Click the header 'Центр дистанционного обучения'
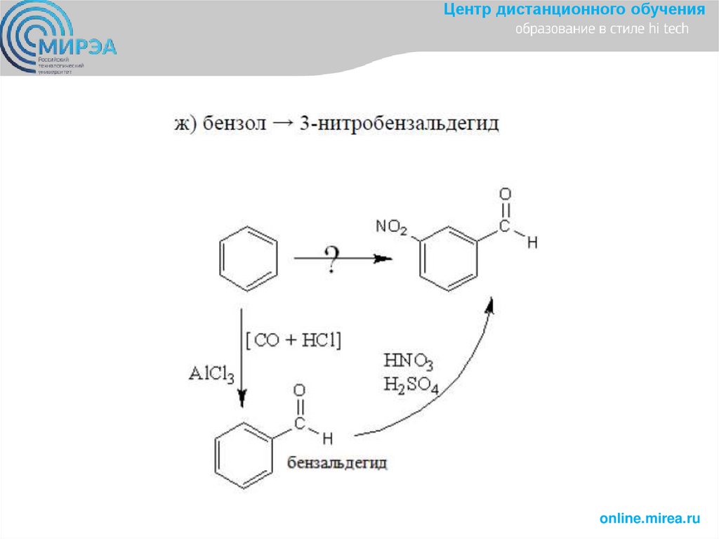pos(574,10)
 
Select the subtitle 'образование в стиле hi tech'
pos(602,30)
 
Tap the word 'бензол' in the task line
pos(235,124)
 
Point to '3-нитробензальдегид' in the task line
pos(399,124)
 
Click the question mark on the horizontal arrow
pos(332,260)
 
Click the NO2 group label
pos(391,226)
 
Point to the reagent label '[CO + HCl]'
pos(293,341)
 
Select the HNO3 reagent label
pos(408,363)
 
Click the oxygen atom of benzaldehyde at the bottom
pos(301,391)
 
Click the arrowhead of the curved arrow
pos(491,304)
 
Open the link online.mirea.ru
pos(649,519)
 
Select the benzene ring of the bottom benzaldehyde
pos(244,455)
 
